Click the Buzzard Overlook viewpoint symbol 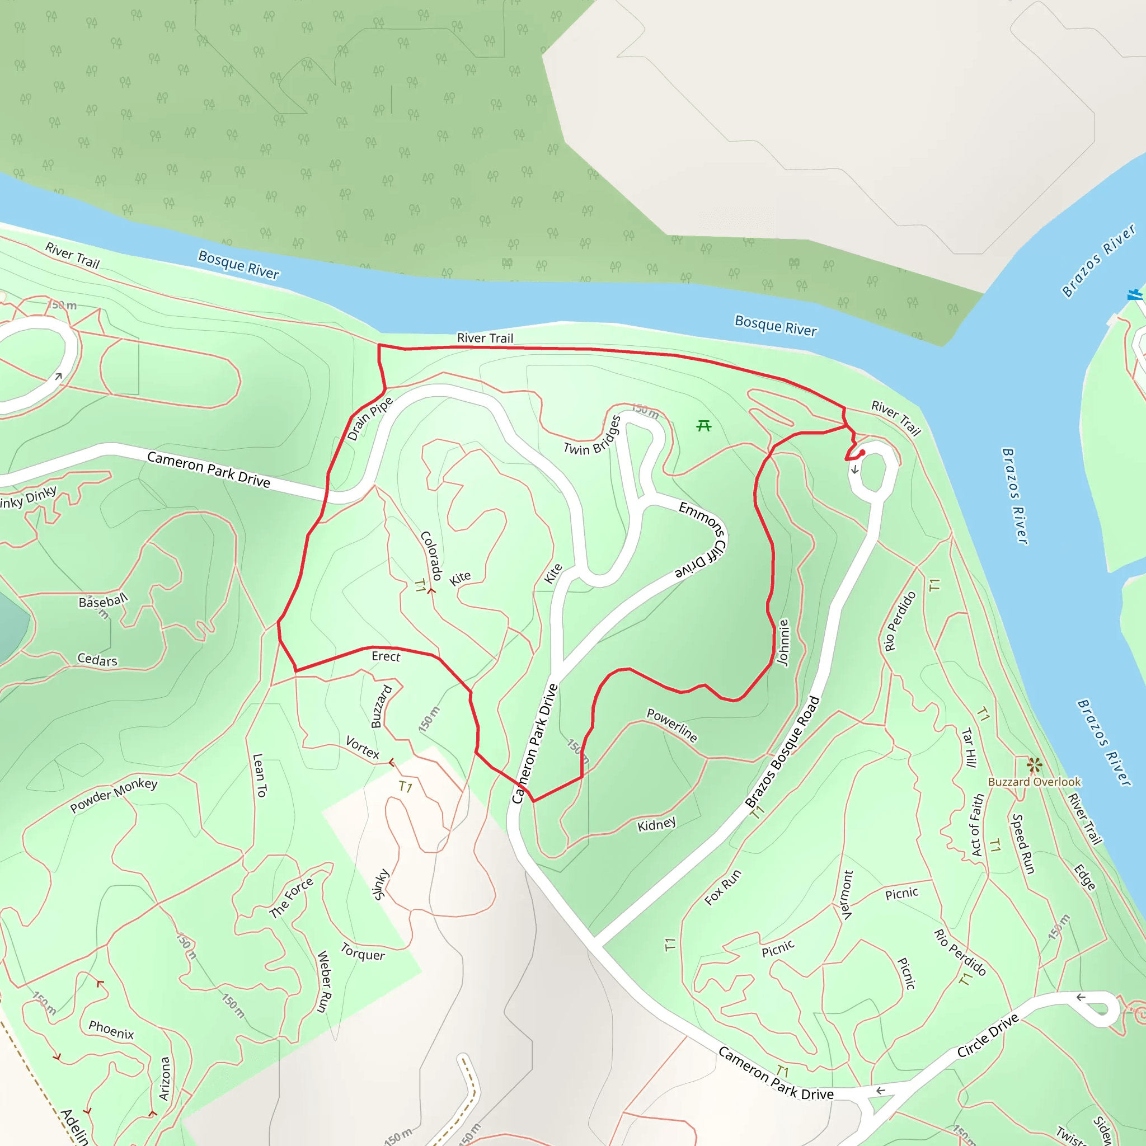1035,765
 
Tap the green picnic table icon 704,425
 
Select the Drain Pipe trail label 369,419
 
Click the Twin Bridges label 593,436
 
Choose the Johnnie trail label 783,642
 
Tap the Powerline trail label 672,725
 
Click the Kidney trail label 656,824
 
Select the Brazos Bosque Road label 782,752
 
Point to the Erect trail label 386,656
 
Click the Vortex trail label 363,748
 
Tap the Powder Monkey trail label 114,795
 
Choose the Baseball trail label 103,602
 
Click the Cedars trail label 97,660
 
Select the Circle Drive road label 988,1035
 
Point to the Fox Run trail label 723,887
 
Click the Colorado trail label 431,555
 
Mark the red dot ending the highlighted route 862,453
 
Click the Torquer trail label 363,951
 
